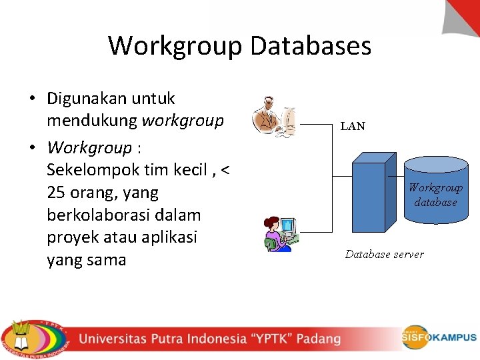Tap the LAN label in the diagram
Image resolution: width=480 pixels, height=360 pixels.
click(x=353, y=126)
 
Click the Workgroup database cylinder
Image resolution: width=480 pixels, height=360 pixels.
click(x=435, y=191)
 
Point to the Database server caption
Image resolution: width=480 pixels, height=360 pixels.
click(x=384, y=254)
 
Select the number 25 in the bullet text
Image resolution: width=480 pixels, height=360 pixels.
click(x=56, y=193)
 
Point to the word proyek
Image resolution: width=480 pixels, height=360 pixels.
click(x=72, y=237)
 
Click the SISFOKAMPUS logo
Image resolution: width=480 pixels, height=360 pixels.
click(x=439, y=337)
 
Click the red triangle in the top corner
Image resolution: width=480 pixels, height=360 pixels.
click(x=465, y=15)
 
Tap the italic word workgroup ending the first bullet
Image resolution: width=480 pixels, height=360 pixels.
click(x=182, y=121)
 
